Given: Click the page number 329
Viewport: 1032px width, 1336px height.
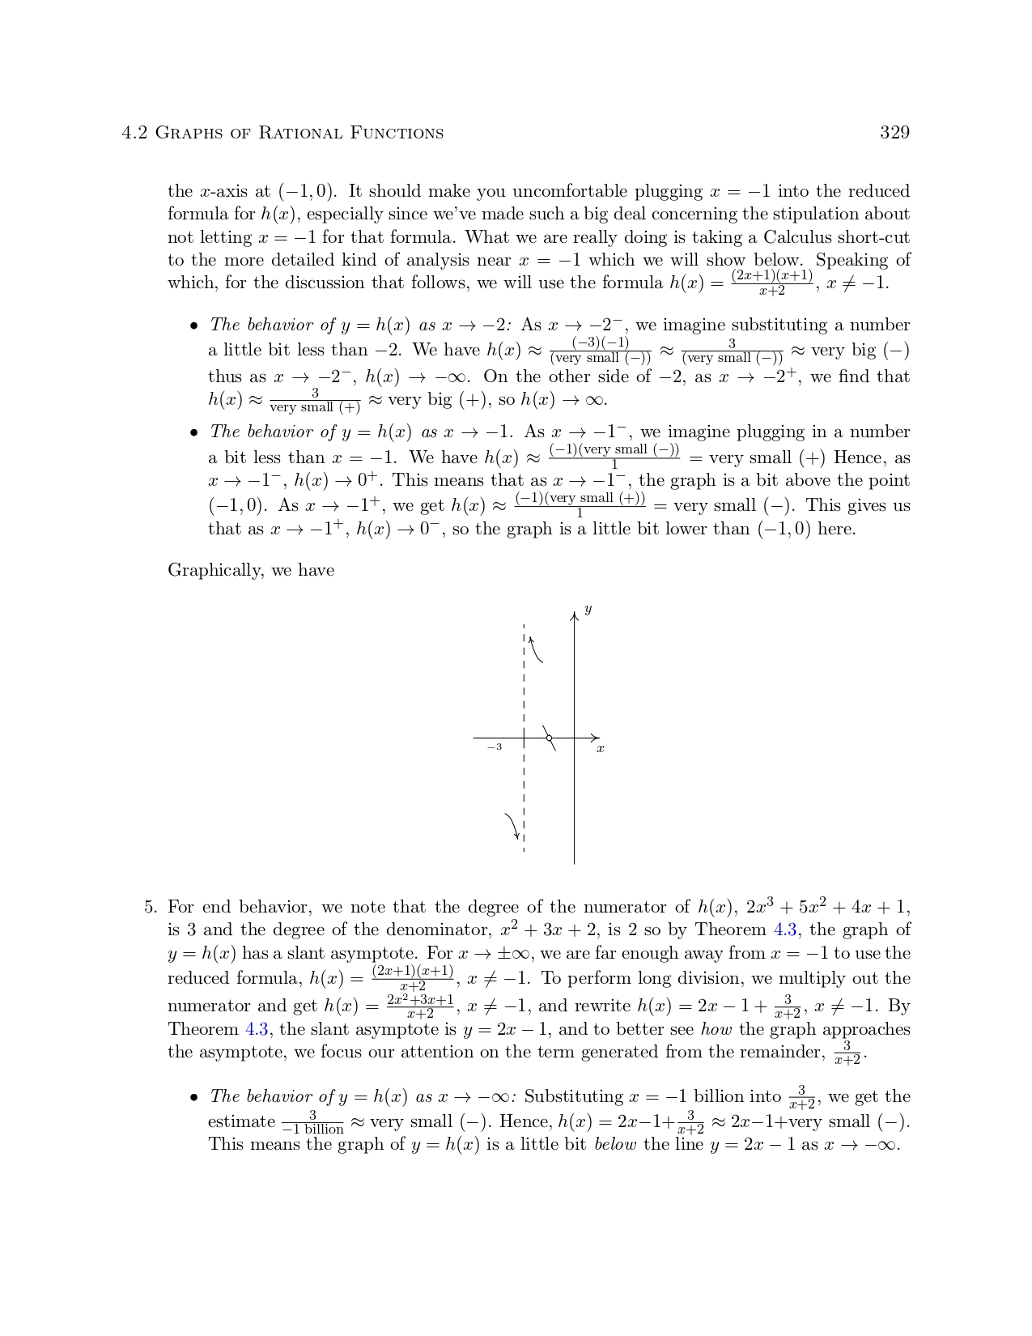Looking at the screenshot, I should coord(894,133).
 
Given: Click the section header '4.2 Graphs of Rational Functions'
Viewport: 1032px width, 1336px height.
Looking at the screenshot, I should coord(282,133).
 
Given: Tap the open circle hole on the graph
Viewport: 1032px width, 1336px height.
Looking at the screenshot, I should coord(549,738).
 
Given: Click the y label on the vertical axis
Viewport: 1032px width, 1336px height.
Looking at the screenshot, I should coord(588,609).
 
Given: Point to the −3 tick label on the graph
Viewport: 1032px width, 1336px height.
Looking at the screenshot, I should coord(494,747).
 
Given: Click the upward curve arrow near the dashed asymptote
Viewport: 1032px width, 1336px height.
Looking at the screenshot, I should coord(534,648).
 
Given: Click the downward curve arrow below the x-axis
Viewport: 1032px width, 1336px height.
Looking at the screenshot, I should coord(512,826).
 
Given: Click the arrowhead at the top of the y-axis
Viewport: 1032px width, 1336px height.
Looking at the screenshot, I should coord(574,615).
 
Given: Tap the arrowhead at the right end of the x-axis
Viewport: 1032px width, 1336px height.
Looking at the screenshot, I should coord(596,738).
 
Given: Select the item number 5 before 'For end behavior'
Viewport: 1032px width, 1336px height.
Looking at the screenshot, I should coord(149,907).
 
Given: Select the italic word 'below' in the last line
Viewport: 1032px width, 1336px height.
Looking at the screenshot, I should coord(615,1145).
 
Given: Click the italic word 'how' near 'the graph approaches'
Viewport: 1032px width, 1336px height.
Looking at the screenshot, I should coord(716,1029).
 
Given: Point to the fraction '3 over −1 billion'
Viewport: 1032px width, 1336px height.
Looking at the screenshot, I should coord(312,1122).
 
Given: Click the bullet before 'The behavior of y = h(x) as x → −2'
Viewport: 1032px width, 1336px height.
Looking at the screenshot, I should coord(193,325).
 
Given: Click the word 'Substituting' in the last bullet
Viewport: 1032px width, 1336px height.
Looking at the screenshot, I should coord(574,1096).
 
